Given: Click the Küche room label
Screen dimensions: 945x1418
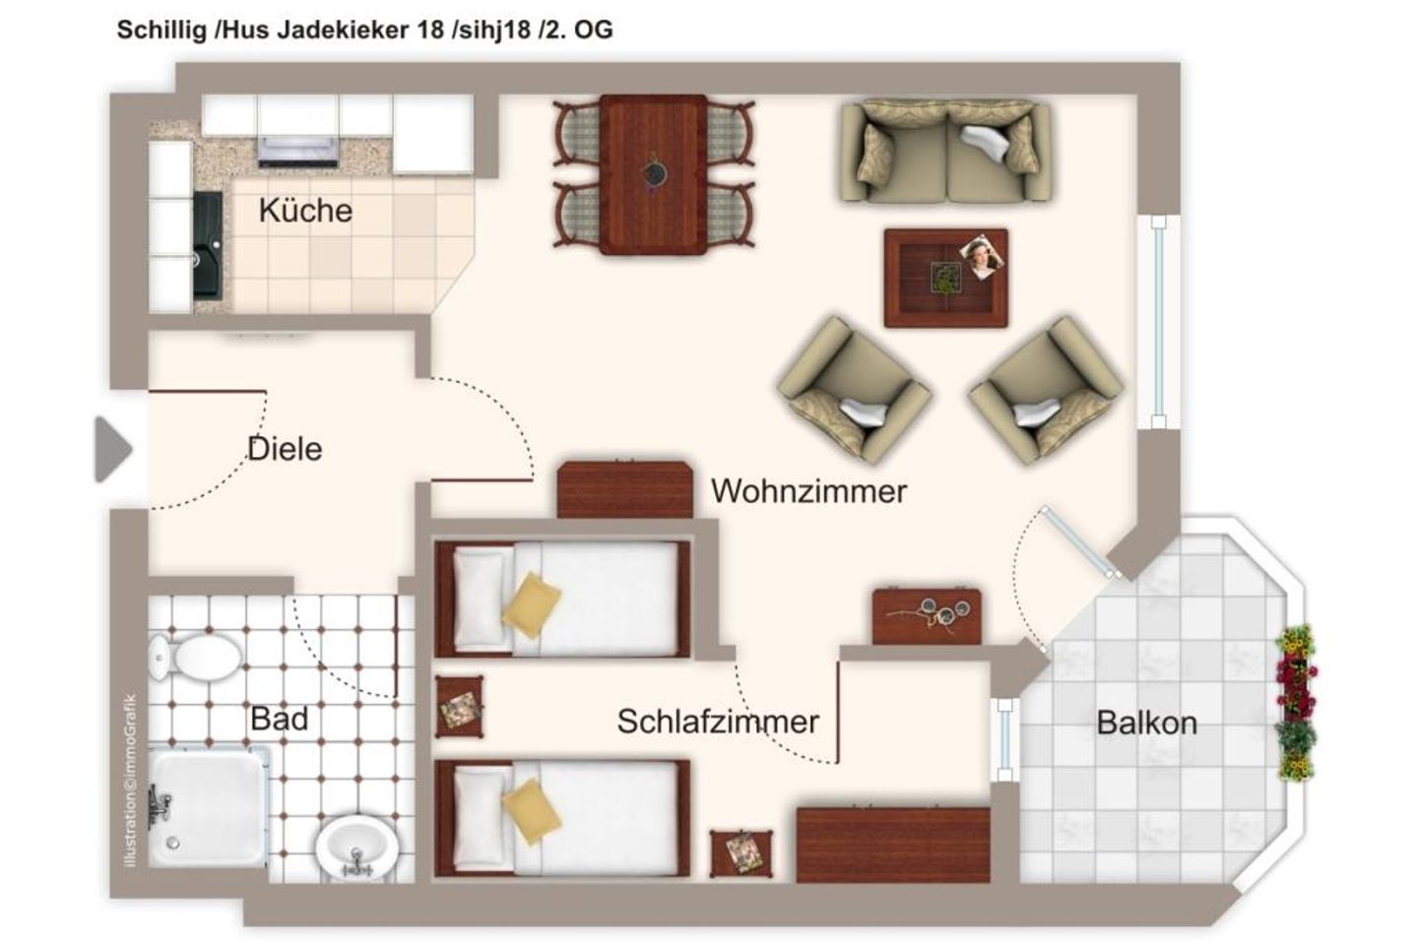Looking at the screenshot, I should pos(305,211).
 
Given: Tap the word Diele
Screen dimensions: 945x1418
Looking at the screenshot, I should pos(285,449).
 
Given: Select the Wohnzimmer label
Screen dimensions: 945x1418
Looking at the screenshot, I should pos(808,490).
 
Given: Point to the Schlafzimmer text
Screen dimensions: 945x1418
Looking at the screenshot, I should pos(718,722).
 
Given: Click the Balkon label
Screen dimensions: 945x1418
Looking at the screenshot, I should pos(1147,724).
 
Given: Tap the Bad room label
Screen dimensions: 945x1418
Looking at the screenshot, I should pos(279,719).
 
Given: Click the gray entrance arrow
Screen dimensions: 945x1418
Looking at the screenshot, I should pos(112,450).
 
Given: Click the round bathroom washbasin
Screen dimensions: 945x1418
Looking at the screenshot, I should pos(355,847).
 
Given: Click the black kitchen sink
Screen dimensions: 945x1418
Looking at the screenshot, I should pos(208,246).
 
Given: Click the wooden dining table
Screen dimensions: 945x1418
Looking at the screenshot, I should pos(653,174).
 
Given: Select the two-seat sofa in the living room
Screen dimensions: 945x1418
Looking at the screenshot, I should pos(944,152).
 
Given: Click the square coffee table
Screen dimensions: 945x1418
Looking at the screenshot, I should pos(945,279).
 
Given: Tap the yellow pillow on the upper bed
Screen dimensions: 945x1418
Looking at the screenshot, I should pos(531,599).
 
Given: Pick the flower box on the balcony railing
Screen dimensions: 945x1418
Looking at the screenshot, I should pos(1296,701).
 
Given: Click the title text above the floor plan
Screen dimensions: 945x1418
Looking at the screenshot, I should pos(364,30).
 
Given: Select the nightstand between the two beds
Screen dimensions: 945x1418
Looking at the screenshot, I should pos(460,706).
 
